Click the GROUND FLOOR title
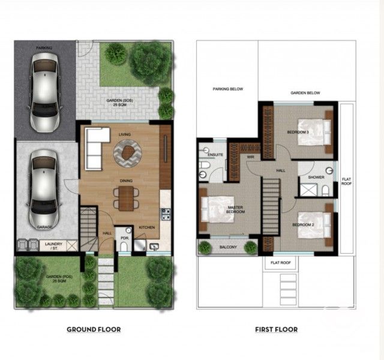[x=94, y=329]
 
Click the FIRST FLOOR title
[x=275, y=329]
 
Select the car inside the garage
[x=43, y=188]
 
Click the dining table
[x=125, y=198]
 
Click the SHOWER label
[x=316, y=178]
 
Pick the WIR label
[x=250, y=157]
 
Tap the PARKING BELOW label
[x=228, y=89]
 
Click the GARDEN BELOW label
[x=305, y=93]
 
